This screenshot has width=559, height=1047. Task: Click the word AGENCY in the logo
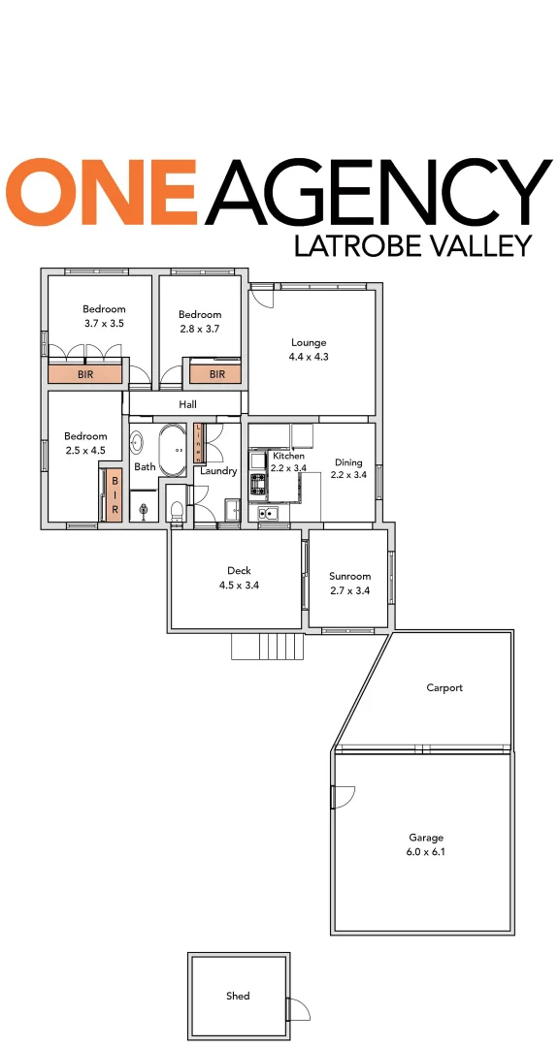point(378,191)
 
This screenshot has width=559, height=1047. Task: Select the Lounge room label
point(309,342)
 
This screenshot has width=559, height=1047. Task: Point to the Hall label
point(188,404)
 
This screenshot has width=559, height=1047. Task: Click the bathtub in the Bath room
point(175,451)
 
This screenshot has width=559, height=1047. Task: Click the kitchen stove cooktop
point(258,484)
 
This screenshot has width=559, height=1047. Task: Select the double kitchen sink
point(269,513)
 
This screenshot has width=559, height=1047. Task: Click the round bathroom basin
point(137,444)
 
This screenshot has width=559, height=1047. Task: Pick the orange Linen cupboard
point(200,442)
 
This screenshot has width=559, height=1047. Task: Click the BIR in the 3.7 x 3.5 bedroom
point(85,373)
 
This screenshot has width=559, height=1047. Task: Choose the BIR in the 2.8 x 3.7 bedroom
point(216,373)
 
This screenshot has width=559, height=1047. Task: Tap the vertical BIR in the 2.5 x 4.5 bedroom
point(115,495)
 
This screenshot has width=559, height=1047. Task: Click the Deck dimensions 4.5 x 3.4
point(239,585)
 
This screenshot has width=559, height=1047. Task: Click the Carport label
point(444,687)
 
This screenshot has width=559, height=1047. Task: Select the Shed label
point(238,996)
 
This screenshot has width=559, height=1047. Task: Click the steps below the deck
point(267,646)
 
